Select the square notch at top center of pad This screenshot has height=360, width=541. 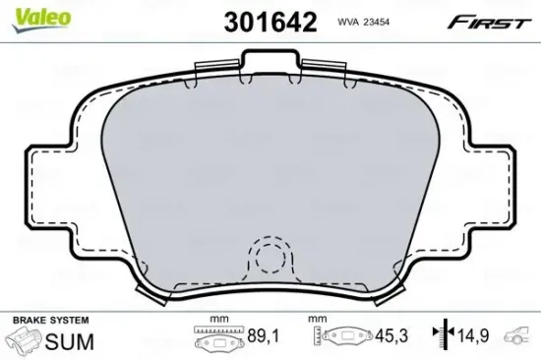[x=270, y=65]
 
